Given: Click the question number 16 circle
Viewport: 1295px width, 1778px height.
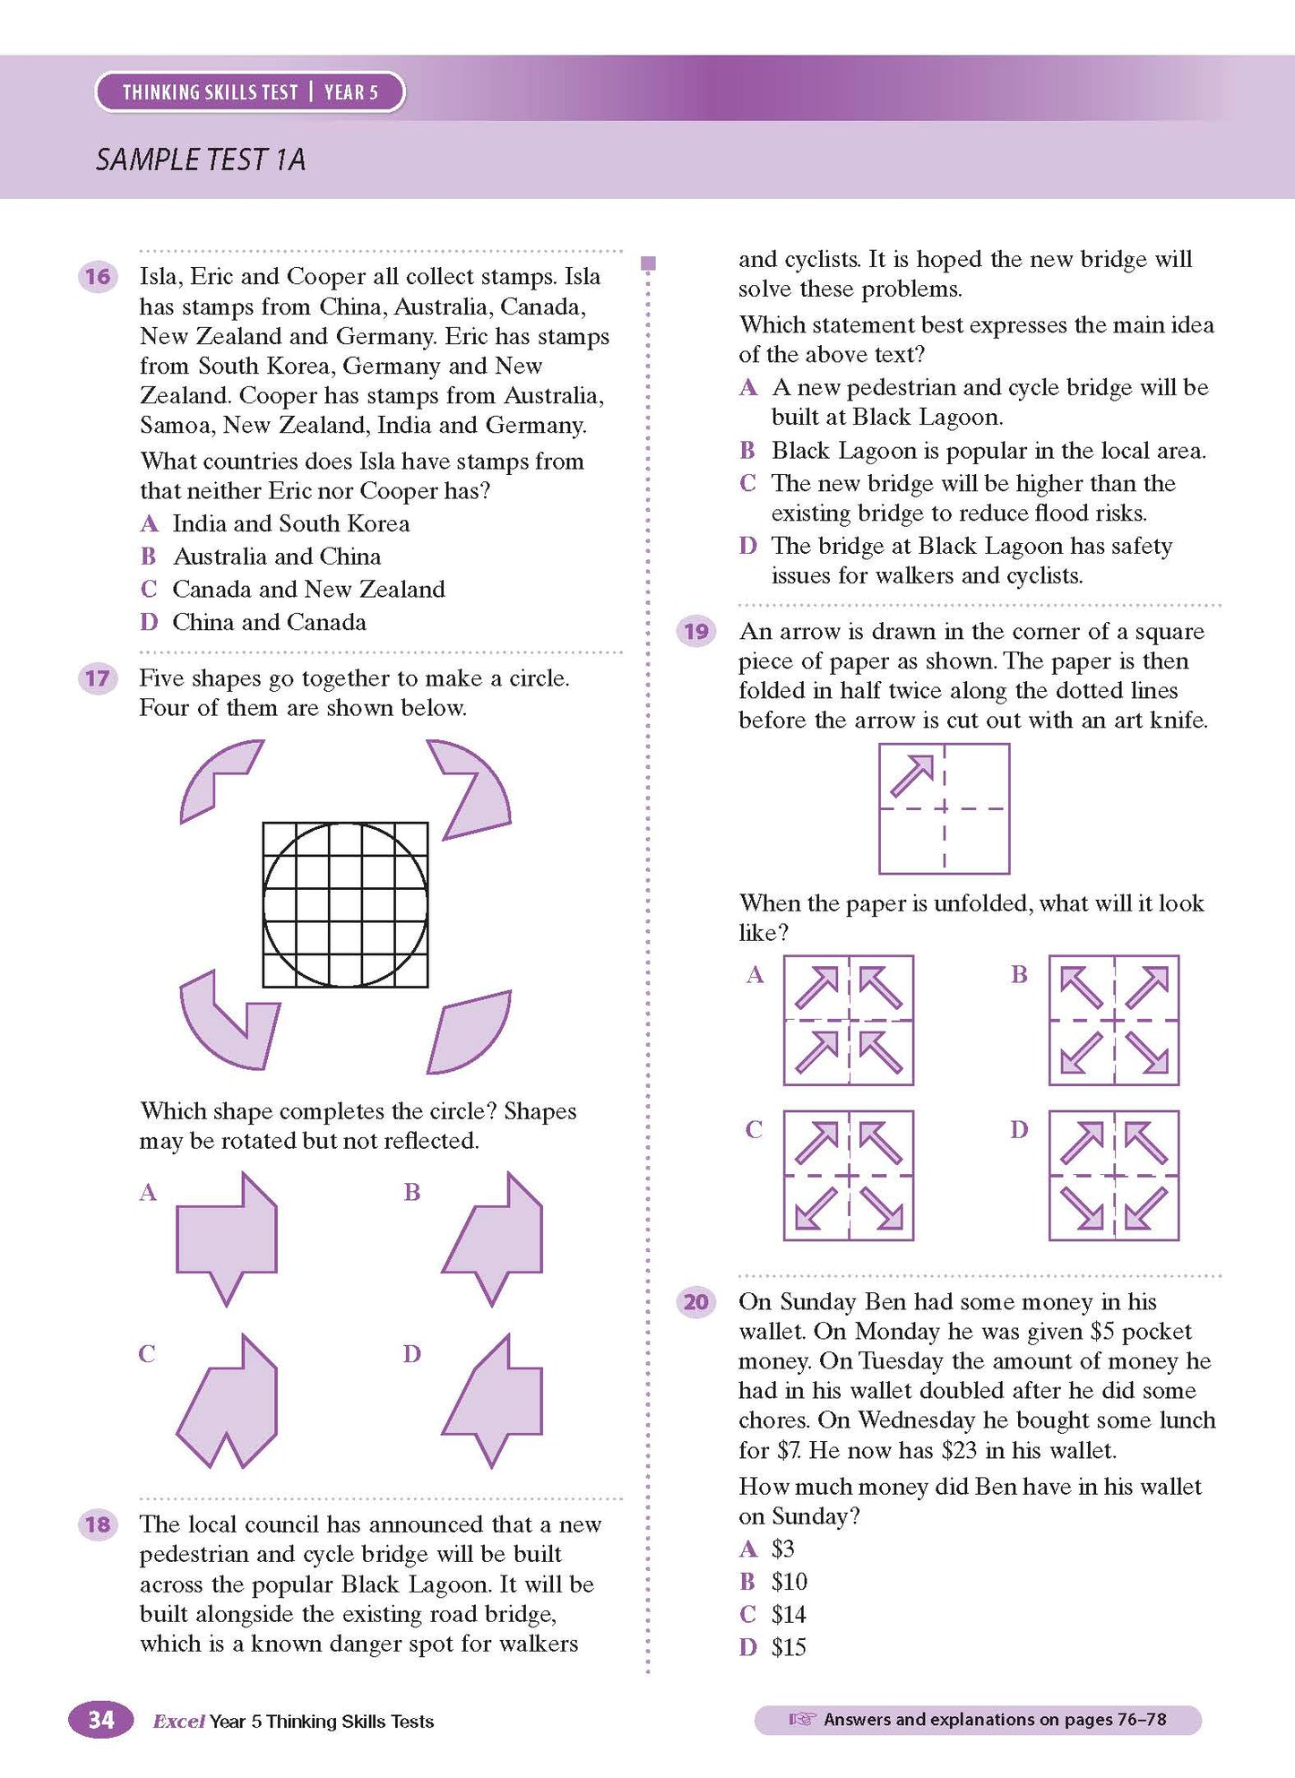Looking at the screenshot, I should coord(99,276).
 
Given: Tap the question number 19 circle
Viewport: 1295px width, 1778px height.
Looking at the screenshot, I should coord(696,632).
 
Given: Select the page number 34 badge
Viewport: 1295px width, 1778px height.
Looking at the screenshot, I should coord(101,1719).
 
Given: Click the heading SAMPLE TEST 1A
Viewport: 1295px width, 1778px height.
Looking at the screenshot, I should coord(201,160).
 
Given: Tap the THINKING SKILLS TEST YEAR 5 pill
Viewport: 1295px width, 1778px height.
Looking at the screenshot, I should coord(250,92).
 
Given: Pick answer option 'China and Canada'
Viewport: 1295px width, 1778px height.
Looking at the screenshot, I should coord(269,622).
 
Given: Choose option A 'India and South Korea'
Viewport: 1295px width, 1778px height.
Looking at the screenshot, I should coord(290,523).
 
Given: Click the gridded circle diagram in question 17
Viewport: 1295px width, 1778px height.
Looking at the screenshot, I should coord(345,904).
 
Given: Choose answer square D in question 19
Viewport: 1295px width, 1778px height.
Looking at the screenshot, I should coord(1114,1175).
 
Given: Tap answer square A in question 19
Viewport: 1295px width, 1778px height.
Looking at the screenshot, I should coord(849,1020).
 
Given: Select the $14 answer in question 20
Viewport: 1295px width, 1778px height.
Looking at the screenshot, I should coord(788,1614).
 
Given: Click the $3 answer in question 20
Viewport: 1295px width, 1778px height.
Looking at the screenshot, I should coord(782,1549).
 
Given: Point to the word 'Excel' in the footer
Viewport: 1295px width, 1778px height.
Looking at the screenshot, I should coord(178,1721).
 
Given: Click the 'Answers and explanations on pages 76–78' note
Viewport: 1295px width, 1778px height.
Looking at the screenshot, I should coord(978,1719).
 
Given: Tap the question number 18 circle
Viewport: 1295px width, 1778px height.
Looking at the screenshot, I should coord(99,1524).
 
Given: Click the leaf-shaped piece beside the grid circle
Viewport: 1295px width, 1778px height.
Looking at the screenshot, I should coord(470,1031).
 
